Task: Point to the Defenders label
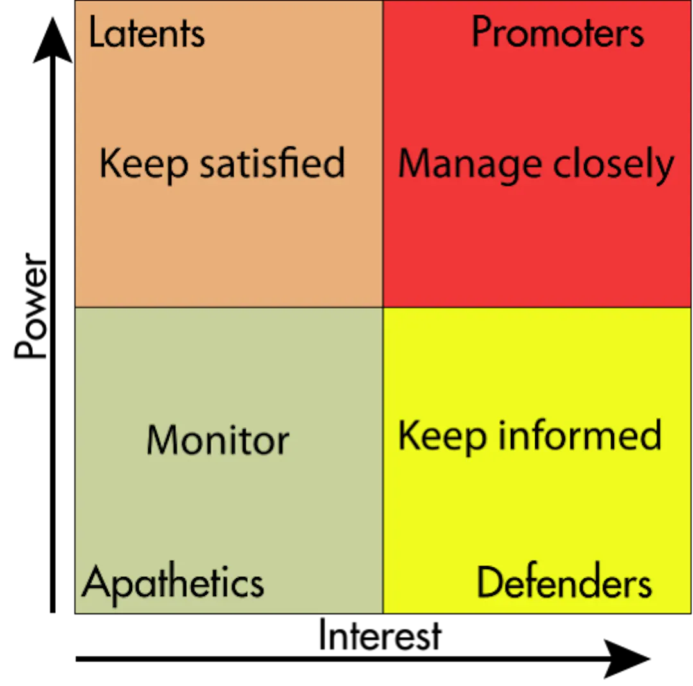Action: point(565,581)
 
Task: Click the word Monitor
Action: point(218,440)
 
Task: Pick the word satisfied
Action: point(272,162)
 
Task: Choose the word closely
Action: point(613,164)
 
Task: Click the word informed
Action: point(580,435)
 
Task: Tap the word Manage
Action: point(470,165)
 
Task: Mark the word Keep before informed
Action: point(442,437)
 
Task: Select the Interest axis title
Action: point(380,635)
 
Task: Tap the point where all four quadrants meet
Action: point(382,307)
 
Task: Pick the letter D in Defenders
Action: point(489,581)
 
